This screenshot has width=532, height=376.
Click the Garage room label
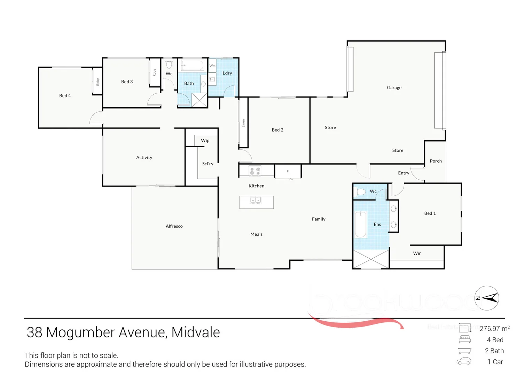394,88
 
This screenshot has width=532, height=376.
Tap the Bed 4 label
65,96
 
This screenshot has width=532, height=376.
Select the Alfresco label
174,226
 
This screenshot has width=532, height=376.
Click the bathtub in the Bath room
192,65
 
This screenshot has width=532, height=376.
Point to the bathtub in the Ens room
360,224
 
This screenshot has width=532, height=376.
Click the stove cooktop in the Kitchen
255,171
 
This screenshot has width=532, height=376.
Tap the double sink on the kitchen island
256,201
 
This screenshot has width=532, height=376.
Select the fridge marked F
288,171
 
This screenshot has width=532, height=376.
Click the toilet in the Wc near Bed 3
169,64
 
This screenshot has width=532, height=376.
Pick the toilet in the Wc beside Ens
361,191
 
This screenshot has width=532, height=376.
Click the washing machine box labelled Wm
212,65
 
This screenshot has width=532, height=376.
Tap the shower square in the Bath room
199,100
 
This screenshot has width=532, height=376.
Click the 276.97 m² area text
494,329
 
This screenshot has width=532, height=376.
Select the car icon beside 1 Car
464,361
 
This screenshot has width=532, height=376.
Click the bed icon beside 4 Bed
464,339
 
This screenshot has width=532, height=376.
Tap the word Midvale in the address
195,332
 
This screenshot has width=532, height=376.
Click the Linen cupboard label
243,123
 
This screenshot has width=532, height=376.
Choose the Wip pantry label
205,141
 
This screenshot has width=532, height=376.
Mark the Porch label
436,161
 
